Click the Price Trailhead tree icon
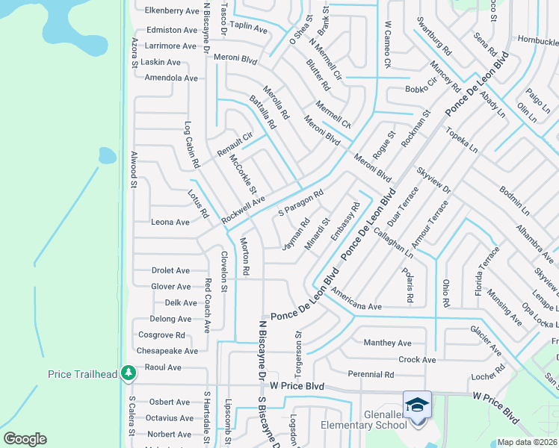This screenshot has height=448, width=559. (x=129, y=372)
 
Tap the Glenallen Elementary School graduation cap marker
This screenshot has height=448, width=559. (x=417, y=405)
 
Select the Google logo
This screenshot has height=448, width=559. (x=25, y=438)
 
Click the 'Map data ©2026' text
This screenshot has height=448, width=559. (x=527, y=442)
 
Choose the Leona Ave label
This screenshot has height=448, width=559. (x=170, y=223)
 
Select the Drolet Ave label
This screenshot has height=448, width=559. (x=170, y=270)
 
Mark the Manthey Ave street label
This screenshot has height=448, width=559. (x=387, y=343)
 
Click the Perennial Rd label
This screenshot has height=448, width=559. (x=371, y=374)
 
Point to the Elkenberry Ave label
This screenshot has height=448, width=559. (x=173, y=11)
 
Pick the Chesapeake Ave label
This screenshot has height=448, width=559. (x=167, y=351)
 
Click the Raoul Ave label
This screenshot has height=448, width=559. (x=163, y=367)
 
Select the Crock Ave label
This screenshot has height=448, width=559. (x=417, y=359)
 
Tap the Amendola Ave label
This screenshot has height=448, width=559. (x=171, y=78)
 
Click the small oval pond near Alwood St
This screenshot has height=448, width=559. (x=108, y=156)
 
